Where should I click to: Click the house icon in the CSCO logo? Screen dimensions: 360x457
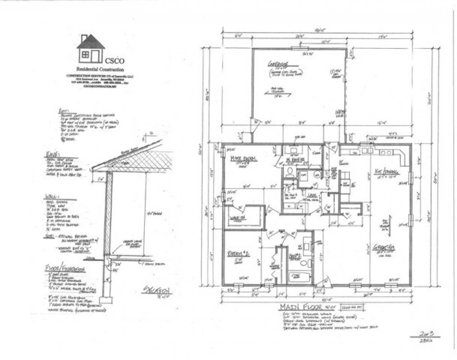click(91, 48)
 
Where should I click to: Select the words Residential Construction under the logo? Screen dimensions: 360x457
click(100, 69)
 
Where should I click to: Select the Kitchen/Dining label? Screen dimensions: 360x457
click(386, 171)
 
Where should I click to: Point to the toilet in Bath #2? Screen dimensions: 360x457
click(304, 263)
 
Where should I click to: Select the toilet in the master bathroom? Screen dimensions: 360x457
click(289, 171)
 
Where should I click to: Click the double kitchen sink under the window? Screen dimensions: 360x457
click(368, 151)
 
